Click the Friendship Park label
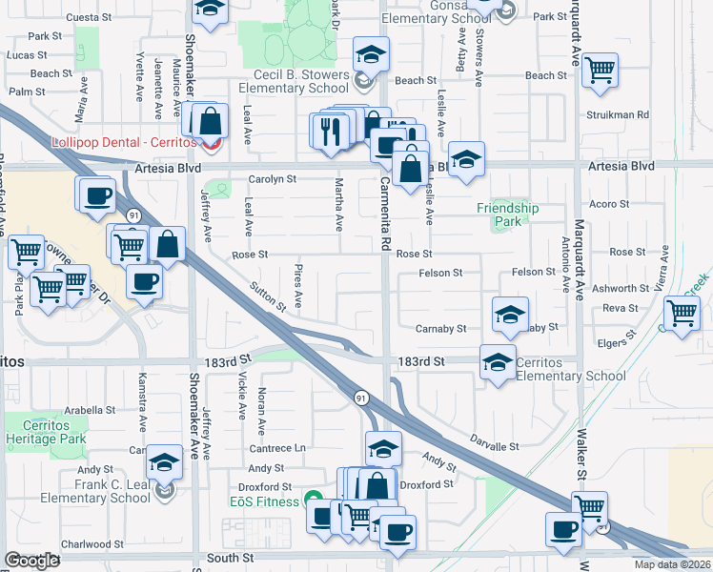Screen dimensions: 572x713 click(508, 214)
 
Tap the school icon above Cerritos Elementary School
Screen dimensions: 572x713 click(497, 361)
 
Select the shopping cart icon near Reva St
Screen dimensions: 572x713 click(682, 312)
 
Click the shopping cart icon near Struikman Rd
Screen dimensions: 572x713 click(600, 69)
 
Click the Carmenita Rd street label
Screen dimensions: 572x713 click(386, 214)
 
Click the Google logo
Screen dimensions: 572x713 click(32, 561)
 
